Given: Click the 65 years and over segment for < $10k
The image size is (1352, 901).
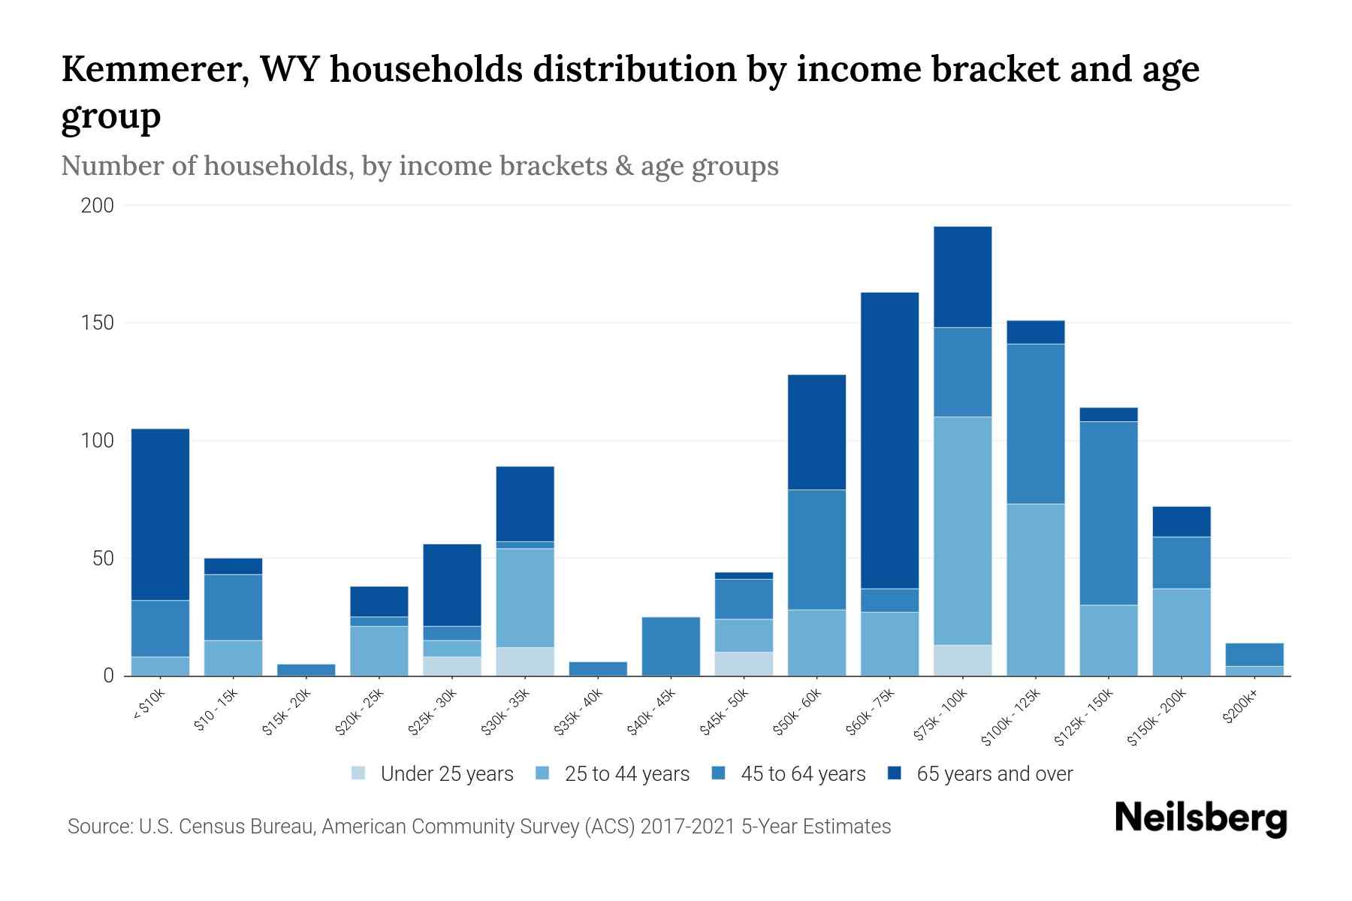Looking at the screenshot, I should [160, 514].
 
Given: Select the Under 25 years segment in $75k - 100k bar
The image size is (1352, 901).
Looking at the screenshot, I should [962, 660].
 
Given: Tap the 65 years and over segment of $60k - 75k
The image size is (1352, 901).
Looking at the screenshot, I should [889, 440].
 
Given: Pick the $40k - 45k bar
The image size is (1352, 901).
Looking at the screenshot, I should [671, 646].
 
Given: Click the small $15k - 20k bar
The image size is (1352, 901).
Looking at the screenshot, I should [306, 670].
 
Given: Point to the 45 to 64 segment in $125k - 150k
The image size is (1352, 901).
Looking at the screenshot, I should [1108, 513].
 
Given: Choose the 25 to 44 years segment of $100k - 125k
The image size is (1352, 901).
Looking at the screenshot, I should [1035, 589].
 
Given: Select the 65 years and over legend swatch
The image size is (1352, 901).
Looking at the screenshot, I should [895, 774].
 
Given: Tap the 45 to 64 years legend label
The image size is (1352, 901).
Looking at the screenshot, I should [803, 774].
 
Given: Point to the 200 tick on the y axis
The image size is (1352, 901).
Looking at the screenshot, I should [98, 206].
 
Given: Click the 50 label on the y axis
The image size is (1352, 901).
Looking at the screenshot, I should [103, 559].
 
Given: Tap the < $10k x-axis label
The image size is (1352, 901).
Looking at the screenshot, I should [148, 706].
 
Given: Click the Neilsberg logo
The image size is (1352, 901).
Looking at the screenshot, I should [1201, 818].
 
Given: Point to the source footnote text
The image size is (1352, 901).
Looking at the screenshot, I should [479, 827].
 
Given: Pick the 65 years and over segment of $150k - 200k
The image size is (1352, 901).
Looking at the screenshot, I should [1181, 521].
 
